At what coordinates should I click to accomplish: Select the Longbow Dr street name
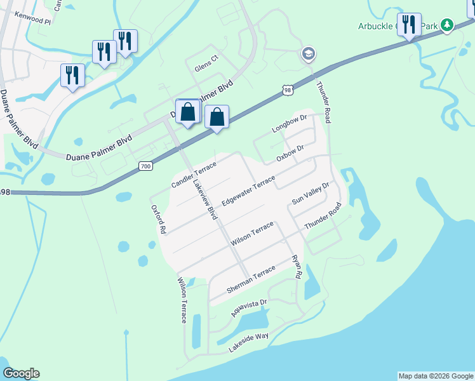(290, 123)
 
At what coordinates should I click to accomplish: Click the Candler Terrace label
(194, 175)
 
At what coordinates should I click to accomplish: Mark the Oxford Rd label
(158, 220)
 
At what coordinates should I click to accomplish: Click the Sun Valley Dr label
(311, 192)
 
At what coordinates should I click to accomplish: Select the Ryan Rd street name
(296, 267)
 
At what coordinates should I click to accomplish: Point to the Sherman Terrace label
(251, 280)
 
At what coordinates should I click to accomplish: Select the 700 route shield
(145, 166)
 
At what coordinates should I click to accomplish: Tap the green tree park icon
(448, 25)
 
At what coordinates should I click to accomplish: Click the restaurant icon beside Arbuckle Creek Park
(409, 25)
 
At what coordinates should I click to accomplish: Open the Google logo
(21, 373)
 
